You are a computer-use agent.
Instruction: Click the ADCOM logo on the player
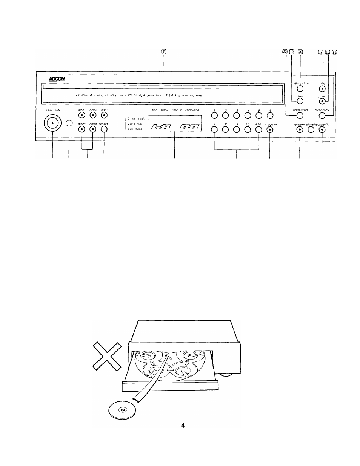pyautogui.click(x=57, y=79)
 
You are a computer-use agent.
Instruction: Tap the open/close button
pyautogui.click(x=300, y=89)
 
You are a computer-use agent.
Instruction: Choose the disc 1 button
pyautogui.click(x=82, y=115)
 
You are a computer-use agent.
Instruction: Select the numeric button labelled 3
pyautogui.click(x=236, y=115)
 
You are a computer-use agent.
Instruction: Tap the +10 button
pyautogui.click(x=258, y=129)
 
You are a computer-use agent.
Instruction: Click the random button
pyautogui.click(x=300, y=129)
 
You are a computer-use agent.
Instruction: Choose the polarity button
pyautogui.click(x=322, y=129)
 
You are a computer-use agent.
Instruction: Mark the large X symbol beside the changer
pyautogui.click(x=108, y=355)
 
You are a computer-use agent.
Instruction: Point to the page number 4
pyautogui.click(x=183, y=426)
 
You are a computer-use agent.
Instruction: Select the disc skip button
pyautogui.click(x=311, y=129)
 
